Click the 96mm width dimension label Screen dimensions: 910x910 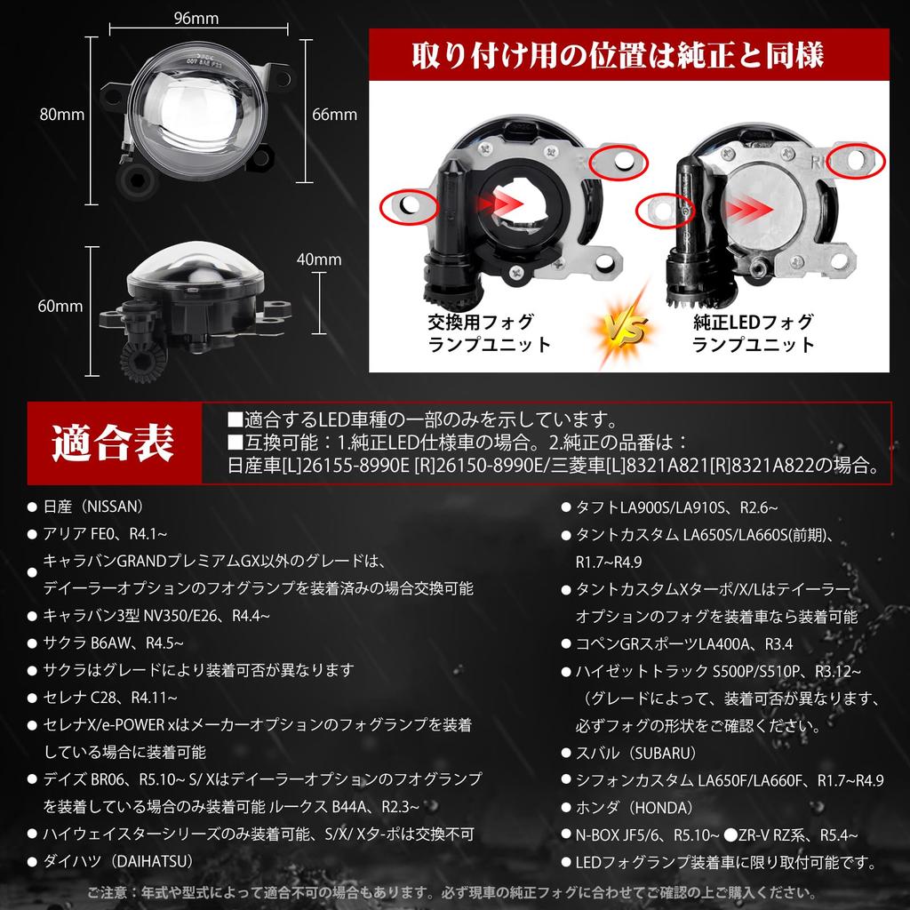click(x=197, y=17)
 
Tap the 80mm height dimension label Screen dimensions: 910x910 click(x=62, y=114)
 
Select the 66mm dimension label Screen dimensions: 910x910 click(x=335, y=114)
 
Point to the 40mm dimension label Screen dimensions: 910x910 click(x=320, y=259)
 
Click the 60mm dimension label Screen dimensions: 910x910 click(x=61, y=307)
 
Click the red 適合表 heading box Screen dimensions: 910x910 click(x=114, y=442)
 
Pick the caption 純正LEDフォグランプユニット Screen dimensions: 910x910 click(x=754, y=333)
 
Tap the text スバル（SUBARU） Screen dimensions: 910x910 click(x=636, y=753)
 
